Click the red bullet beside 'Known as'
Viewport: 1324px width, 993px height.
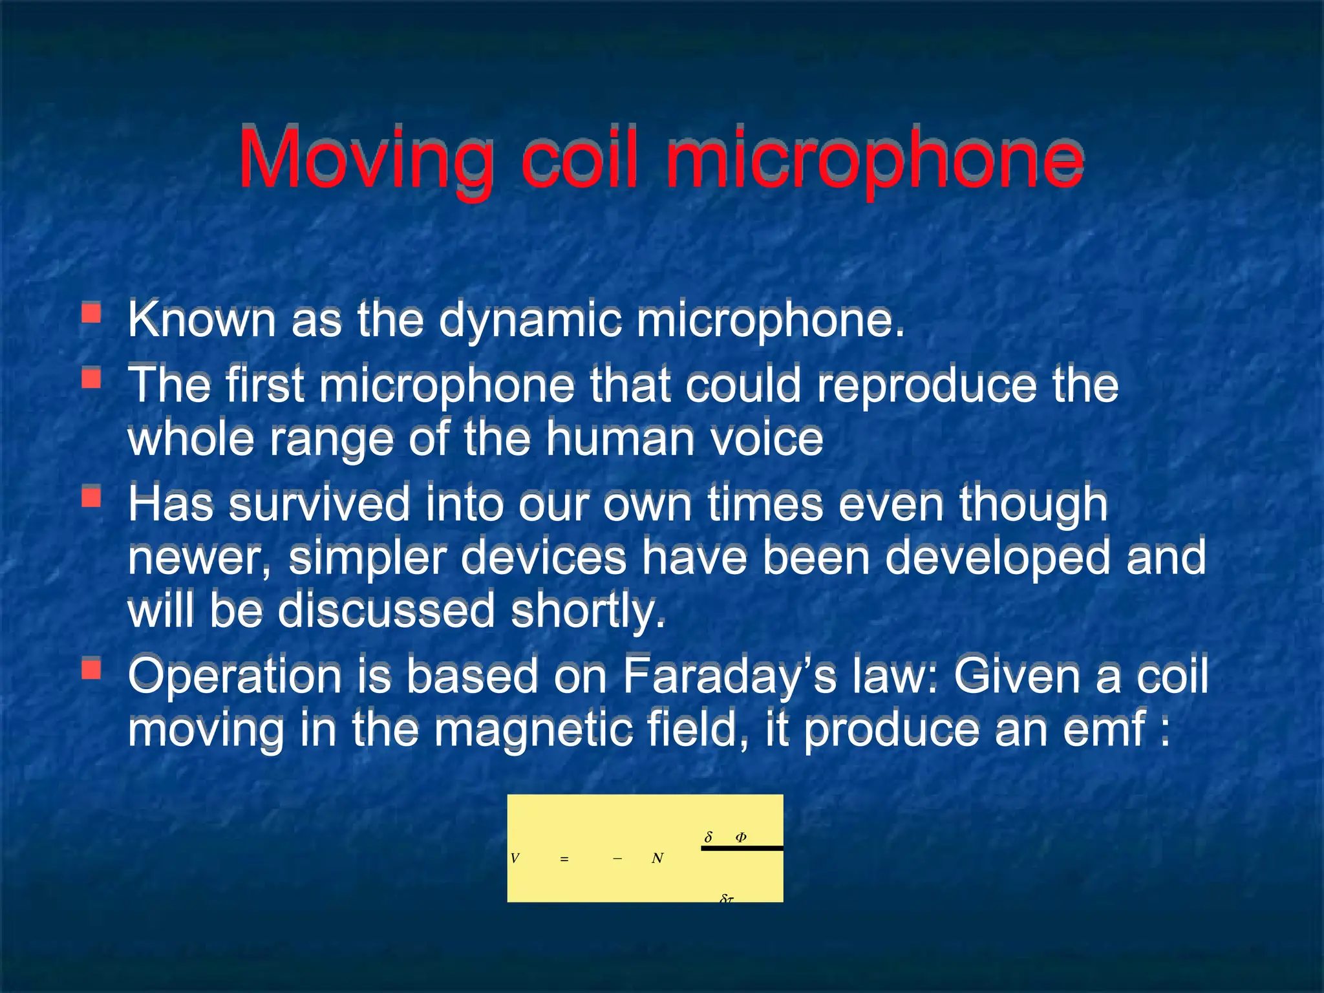click(x=91, y=313)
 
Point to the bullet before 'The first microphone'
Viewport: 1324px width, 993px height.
click(x=91, y=377)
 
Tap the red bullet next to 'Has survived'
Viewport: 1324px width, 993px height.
click(x=91, y=496)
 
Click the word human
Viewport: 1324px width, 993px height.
click(x=620, y=439)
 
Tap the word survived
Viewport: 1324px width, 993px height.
click(x=319, y=505)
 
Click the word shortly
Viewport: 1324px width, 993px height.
click(x=588, y=611)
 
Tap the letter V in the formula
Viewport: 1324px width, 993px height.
click(x=515, y=859)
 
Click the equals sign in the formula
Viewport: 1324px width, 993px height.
click(x=564, y=859)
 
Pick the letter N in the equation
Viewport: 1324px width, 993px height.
click(x=657, y=859)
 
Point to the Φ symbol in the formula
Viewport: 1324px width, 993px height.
click(x=741, y=837)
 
